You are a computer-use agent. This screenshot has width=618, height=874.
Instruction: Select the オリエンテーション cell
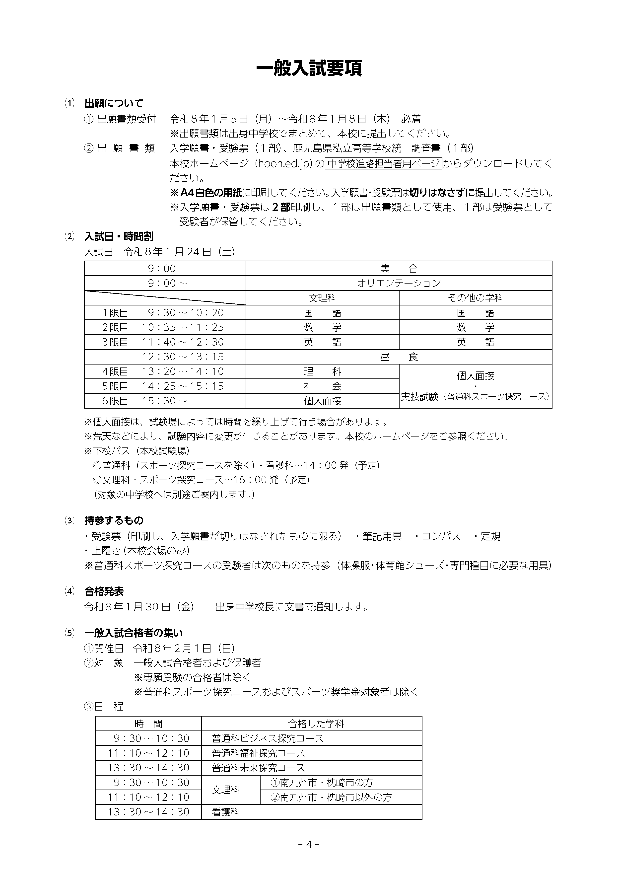tap(399, 283)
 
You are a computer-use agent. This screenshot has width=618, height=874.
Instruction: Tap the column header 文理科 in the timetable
tap(322, 298)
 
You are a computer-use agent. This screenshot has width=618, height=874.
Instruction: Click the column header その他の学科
tap(475, 298)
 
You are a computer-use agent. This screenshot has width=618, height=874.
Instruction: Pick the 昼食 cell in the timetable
tap(399, 357)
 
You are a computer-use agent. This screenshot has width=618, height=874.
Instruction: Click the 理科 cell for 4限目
tap(322, 371)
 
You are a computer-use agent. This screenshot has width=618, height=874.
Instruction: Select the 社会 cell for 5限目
tap(322, 386)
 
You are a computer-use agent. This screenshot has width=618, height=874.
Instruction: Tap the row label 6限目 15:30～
tap(145, 401)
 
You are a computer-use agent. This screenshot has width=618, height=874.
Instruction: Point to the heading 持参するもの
tap(114, 520)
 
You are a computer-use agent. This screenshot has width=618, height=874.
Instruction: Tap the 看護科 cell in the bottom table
tap(226, 812)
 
